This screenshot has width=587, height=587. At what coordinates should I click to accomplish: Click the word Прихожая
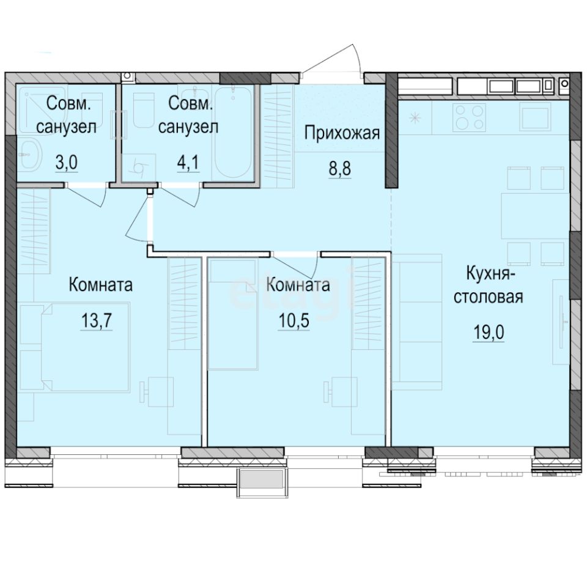click(x=342, y=133)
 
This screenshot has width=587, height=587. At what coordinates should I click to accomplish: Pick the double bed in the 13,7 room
click(x=73, y=349)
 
